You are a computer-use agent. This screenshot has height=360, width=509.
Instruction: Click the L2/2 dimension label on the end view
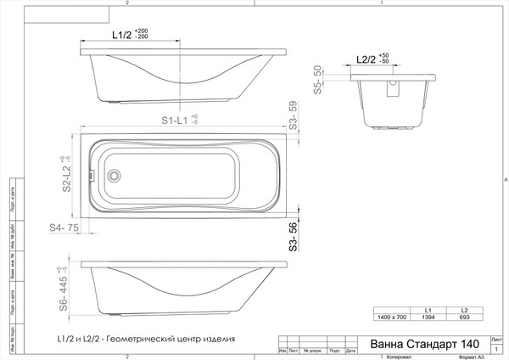coord(366,59)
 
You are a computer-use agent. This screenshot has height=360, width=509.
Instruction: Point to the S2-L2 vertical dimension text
coord(64,175)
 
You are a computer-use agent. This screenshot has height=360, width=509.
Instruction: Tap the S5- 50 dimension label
coord(318,78)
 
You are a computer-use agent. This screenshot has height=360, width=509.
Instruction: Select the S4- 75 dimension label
coord(64,228)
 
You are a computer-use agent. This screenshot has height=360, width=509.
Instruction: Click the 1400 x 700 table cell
coord(392,316)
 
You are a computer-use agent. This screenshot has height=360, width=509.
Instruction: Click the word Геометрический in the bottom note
coord(142,338)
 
